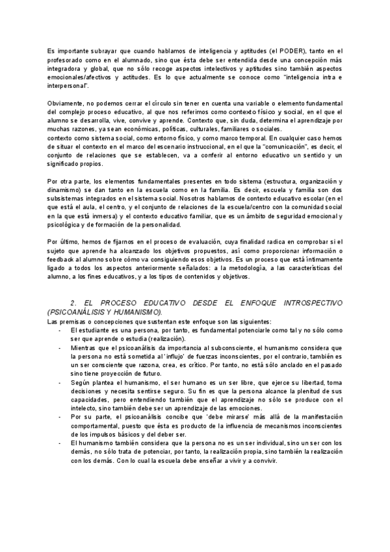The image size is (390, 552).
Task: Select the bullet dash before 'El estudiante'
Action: pyautogui.click(x=60, y=330)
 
